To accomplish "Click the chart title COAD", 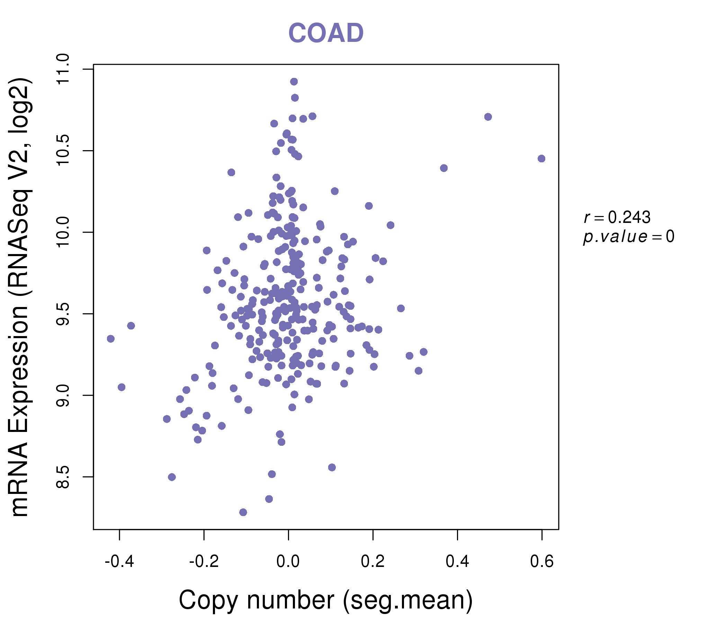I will coord(326,33).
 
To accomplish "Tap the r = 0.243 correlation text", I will coord(617,217).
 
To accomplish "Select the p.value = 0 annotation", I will coord(628,237).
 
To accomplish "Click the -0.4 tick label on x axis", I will coord(119,562).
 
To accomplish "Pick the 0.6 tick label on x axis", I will coord(542,562).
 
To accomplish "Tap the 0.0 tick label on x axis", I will coord(288,562).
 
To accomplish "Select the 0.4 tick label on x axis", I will coord(457,562).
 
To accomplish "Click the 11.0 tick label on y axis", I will coord(63,69).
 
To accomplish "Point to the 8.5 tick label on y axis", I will coord(63,477).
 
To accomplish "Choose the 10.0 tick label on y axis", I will coord(63,232).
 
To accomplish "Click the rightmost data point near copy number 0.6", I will coord(541,159).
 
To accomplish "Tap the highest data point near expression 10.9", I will coord(294,82).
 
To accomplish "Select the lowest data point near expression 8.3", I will coord(243,512).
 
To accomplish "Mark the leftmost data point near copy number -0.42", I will coord(110,338).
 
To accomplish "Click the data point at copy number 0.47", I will coord(488,117).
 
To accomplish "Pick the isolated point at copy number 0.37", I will coord(444,168).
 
